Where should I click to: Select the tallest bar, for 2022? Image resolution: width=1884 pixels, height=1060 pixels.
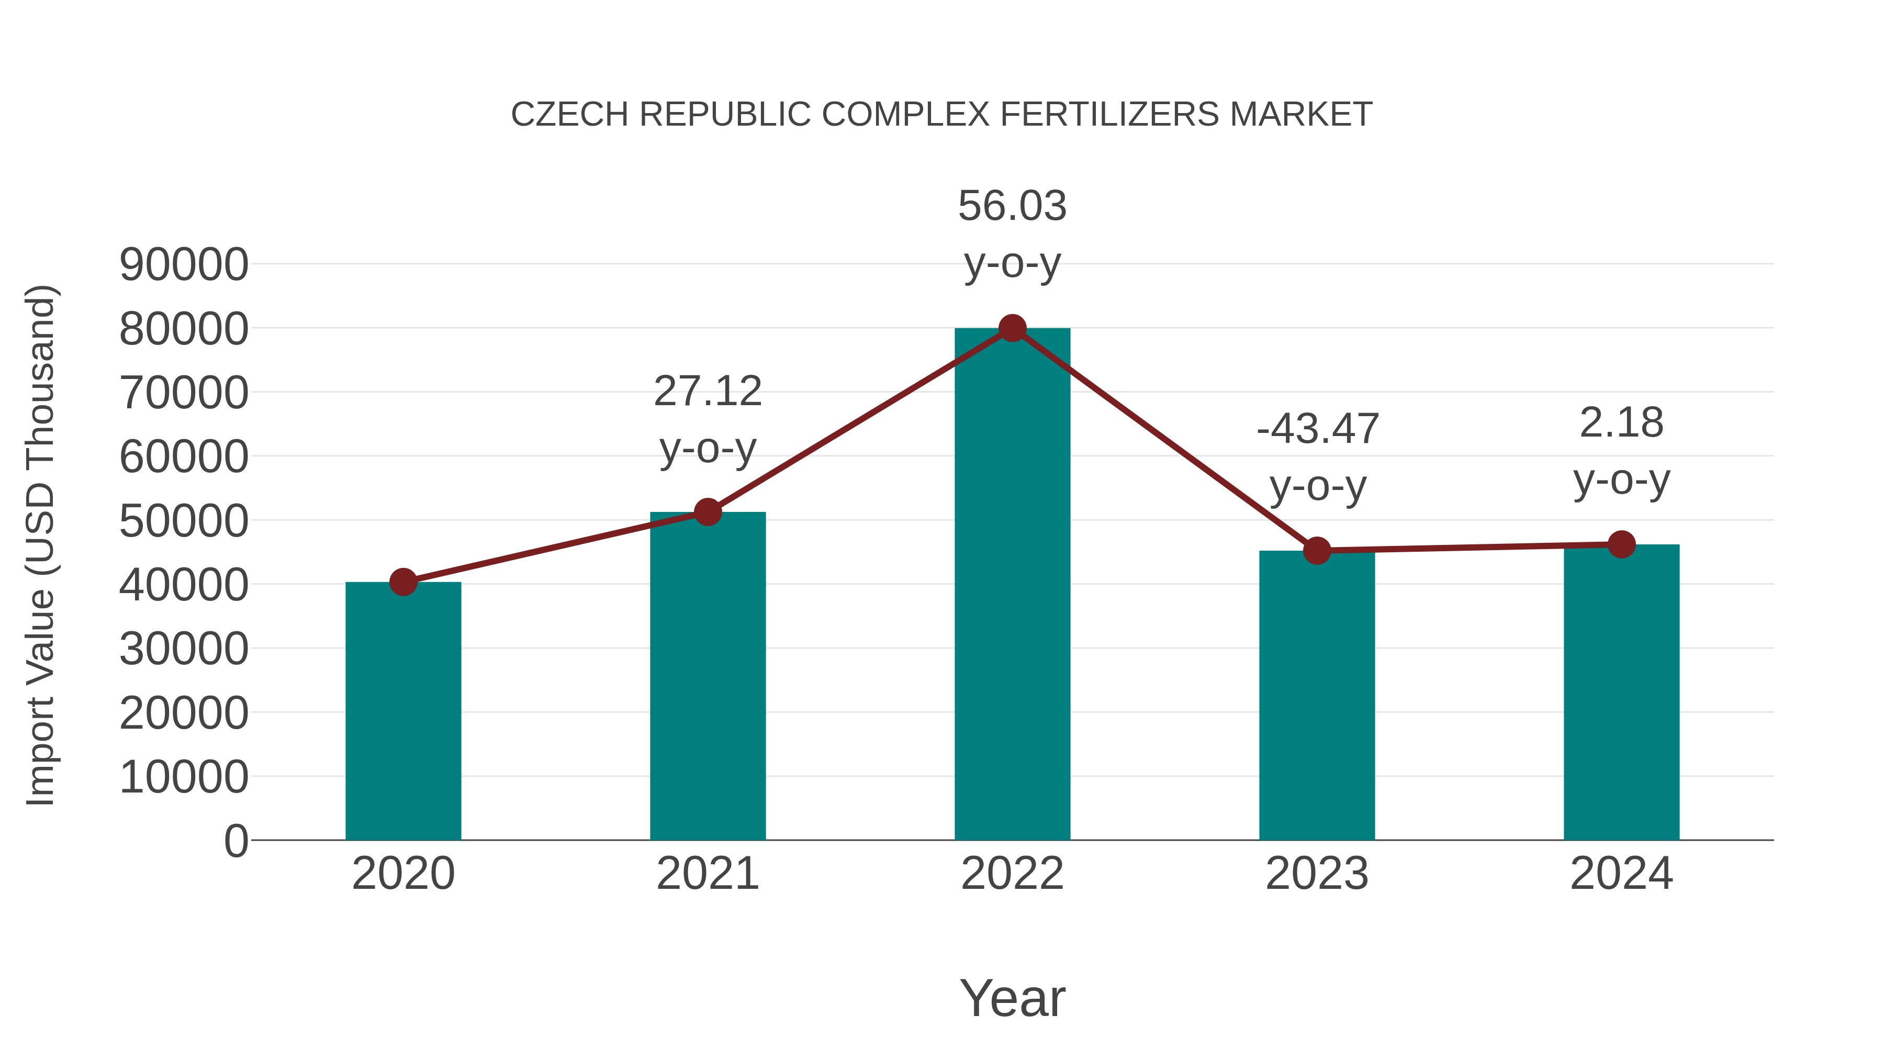[1012, 585]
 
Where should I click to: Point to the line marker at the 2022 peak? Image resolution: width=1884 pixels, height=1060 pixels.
[1012, 328]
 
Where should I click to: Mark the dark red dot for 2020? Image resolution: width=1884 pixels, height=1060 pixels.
[403, 582]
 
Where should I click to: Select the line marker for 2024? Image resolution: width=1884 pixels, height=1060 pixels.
[1621, 544]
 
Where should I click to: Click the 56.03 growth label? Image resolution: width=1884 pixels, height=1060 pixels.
[1012, 206]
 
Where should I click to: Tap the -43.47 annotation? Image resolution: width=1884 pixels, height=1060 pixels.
[1317, 429]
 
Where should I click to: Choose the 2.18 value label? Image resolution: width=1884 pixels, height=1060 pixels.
[1621, 423]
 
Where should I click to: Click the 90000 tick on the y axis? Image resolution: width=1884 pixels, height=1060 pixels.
[184, 265]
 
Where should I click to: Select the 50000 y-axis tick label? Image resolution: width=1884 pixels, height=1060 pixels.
[184, 521]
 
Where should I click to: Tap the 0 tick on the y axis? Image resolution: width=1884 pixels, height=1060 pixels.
[235, 841]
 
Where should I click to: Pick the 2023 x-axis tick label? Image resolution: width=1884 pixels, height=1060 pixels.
[1317, 874]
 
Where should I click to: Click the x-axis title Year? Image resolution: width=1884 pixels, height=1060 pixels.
[1012, 999]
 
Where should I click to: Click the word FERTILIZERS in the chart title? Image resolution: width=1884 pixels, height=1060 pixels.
[1109, 115]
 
